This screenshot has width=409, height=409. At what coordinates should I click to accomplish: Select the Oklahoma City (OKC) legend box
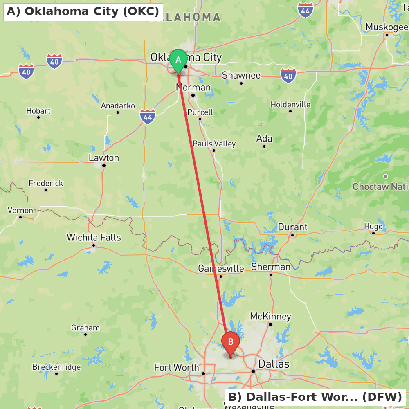(x=83, y=12)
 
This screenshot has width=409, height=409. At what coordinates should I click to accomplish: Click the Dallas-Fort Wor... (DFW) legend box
(x=315, y=397)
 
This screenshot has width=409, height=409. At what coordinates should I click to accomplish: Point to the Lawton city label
(x=104, y=158)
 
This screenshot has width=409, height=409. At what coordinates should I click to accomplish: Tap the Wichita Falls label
(x=94, y=237)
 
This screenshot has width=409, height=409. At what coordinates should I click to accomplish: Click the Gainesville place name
(x=221, y=268)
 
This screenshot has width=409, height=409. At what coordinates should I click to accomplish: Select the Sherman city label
(x=271, y=267)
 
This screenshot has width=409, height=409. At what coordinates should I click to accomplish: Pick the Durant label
(x=292, y=227)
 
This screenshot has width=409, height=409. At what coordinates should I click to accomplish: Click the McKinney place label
(x=270, y=316)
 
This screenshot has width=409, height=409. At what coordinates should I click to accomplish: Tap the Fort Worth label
(x=177, y=367)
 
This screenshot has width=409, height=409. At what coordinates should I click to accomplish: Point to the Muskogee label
(x=387, y=27)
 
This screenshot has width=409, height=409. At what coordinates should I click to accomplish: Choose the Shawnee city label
(x=241, y=75)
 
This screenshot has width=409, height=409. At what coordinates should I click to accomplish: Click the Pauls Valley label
(x=214, y=144)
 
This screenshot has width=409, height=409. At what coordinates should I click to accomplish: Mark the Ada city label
(x=264, y=138)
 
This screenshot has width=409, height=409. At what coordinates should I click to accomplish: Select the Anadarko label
(x=118, y=106)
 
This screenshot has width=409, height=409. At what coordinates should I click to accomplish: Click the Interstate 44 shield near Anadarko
(x=148, y=116)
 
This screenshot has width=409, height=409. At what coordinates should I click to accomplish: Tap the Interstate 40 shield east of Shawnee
(x=288, y=75)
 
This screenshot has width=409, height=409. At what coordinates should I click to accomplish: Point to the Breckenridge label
(x=56, y=367)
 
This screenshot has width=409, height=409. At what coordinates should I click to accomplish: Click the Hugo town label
(x=373, y=226)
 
